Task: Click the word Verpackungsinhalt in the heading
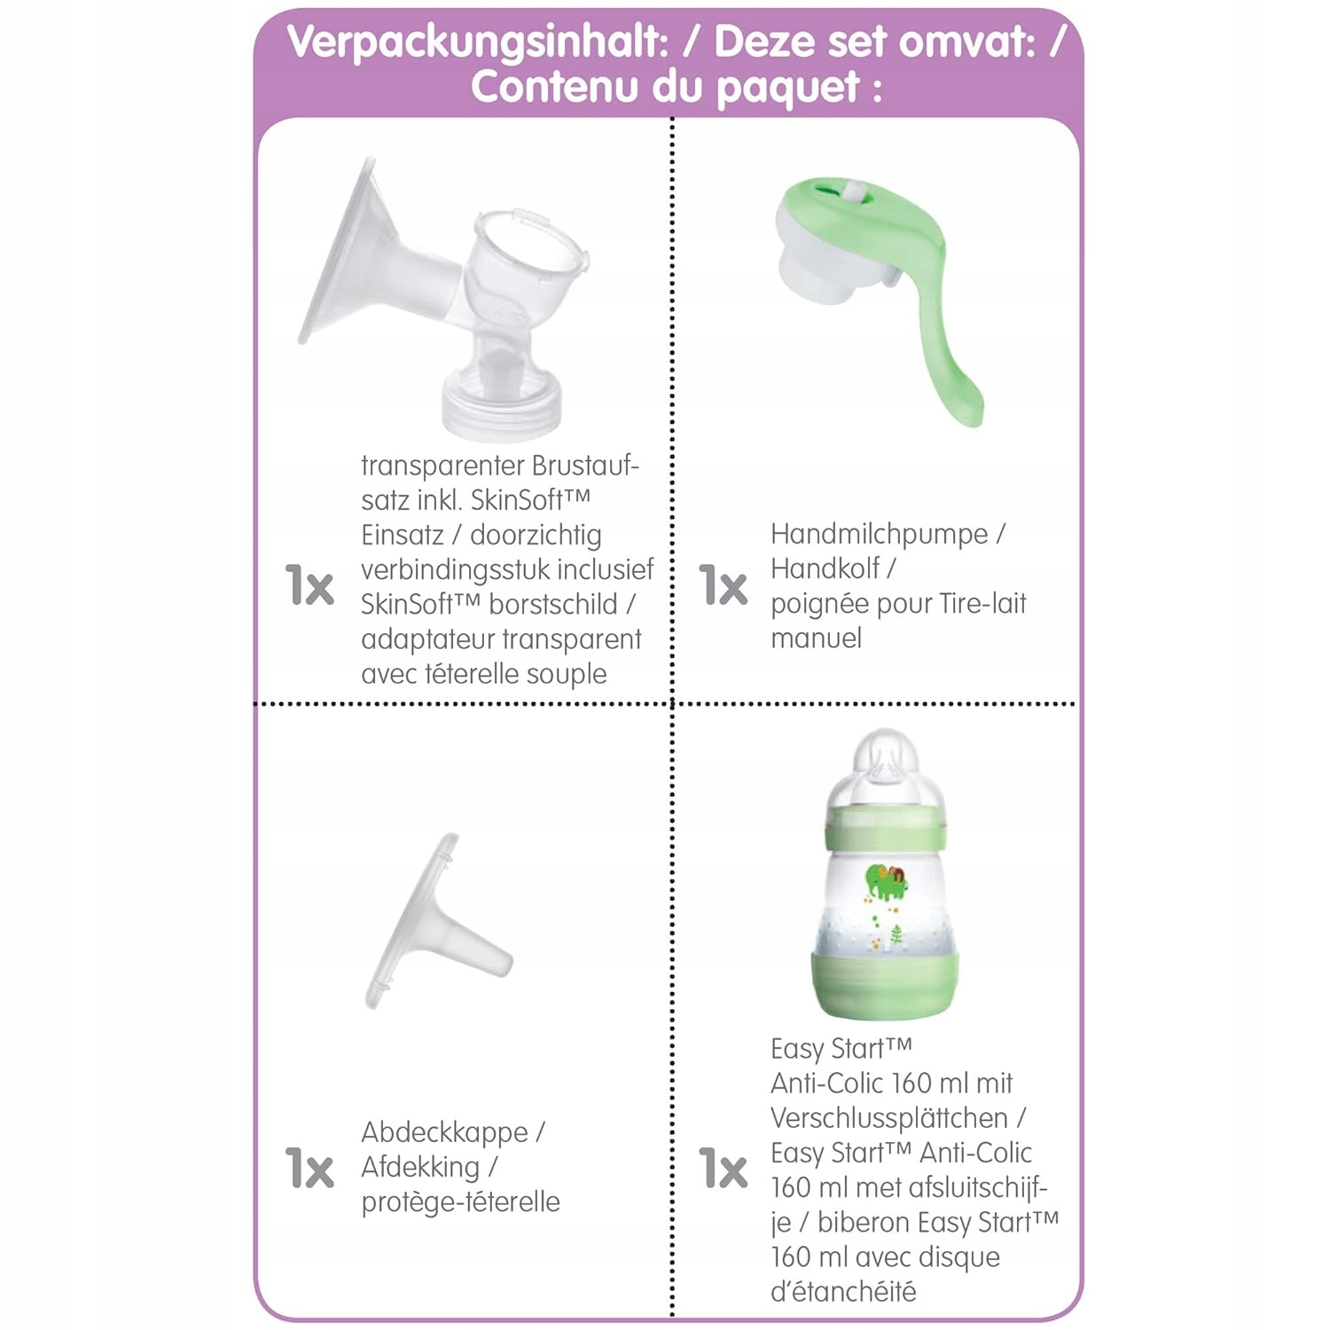477,42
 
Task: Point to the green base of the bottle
884,984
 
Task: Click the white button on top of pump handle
853,192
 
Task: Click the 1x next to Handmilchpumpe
724,586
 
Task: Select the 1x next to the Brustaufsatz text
309,586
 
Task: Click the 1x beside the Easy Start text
724,1168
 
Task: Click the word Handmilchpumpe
879,534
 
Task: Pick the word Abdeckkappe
444,1132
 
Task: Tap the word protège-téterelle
460,1202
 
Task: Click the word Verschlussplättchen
889,1118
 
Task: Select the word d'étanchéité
842,1292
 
